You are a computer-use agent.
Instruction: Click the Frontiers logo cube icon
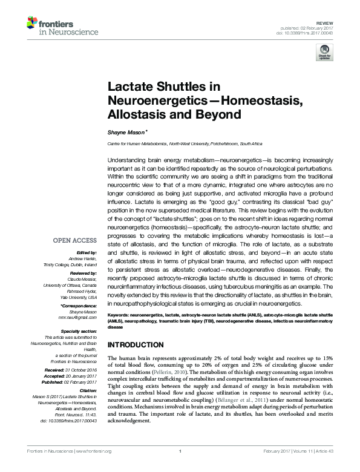pyautogui.click(x=31, y=24)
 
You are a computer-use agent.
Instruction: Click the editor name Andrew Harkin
pyautogui.click(x=80, y=257)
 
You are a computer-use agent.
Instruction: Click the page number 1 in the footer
pyautogui.click(x=180, y=466)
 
